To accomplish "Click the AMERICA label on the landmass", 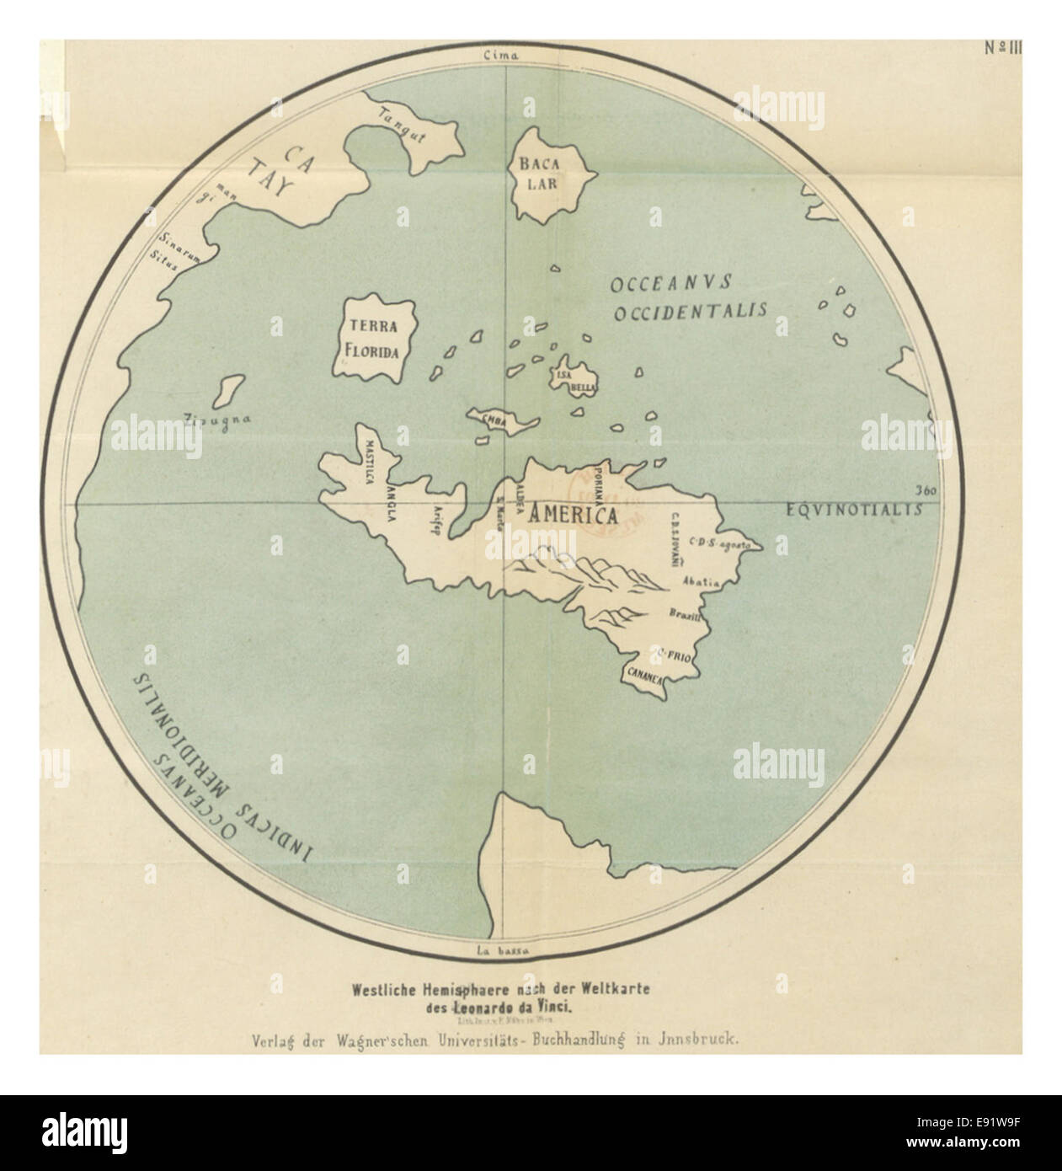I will [x=572, y=517].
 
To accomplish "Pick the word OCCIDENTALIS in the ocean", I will [x=690, y=312].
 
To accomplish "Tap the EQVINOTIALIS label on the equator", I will [x=852, y=510].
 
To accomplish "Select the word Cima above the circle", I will [x=503, y=56].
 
